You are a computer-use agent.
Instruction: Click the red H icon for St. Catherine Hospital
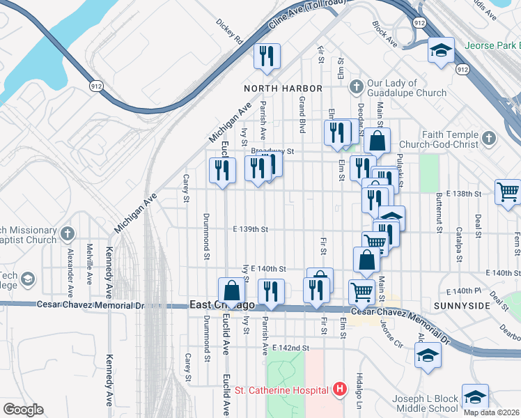pyautogui.click(x=340, y=389)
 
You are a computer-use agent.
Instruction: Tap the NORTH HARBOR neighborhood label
pyautogui.click(x=283, y=88)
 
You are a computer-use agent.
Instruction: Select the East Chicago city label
pyautogui.click(x=222, y=306)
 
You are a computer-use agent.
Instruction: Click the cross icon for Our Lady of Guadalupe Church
pyautogui.click(x=356, y=87)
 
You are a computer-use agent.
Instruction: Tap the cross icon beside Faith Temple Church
pyautogui.click(x=488, y=139)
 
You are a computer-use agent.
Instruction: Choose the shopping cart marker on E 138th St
pyautogui.click(x=508, y=190)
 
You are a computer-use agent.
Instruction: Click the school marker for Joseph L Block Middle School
pyautogui.click(x=474, y=396)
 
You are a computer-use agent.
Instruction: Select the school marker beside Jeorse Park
pyautogui.click(x=440, y=50)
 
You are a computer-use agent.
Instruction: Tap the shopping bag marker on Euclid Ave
pyautogui.click(x=231, y=290)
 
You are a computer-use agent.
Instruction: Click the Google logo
pyautogui.click(x=23, y=409)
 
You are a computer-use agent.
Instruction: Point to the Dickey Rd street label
pyautogui.click(x=228, y=31)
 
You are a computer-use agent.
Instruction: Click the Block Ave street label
pyautogui.click(x=384, y=34)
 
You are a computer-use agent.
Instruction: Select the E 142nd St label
pyautogui.click(x=290, y=348)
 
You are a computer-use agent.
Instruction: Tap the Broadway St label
pyautogui.click(x=273, y=150)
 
